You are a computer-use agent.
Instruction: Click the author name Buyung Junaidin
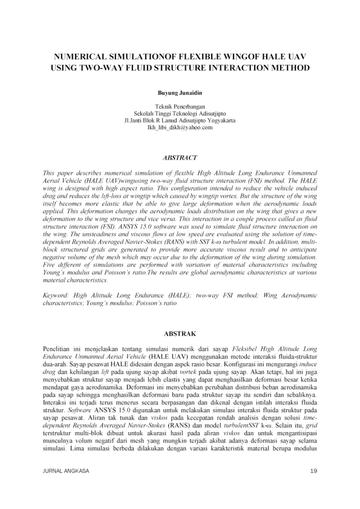point(180,94)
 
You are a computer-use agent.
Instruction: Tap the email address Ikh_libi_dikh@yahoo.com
point(180,128)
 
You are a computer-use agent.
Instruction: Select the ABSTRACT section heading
point(180,158)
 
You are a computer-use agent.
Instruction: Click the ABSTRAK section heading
point(180,333)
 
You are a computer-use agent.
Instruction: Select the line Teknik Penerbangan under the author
point(180,106)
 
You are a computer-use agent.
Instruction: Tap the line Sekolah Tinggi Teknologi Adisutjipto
point(180,113)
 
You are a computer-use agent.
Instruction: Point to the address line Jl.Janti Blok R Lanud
point(157,120)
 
